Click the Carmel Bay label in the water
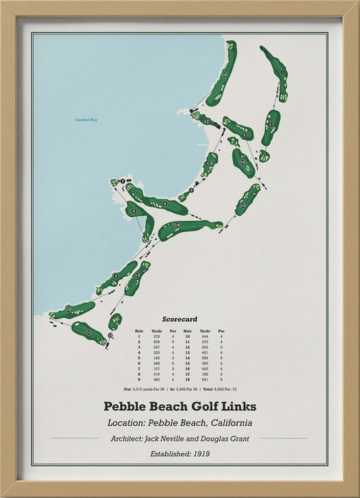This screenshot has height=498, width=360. (86, 120)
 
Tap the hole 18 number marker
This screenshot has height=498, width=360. (224, 76)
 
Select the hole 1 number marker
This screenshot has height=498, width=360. (283, 72)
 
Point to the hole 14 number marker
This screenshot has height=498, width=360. (177, 225)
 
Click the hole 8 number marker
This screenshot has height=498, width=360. (134, 211)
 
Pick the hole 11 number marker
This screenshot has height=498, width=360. (88, 332)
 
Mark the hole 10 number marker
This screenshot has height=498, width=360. (68, 310)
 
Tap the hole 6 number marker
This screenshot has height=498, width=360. (165, 203)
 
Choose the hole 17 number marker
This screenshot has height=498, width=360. (206, 121)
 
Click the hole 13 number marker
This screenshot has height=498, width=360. (137, 275)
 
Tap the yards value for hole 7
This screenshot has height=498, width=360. (157, 368)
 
